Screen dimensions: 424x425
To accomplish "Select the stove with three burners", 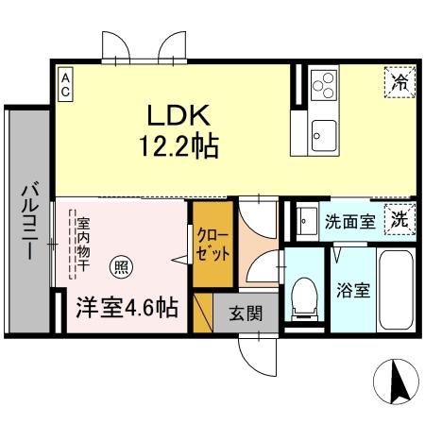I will point(323,84).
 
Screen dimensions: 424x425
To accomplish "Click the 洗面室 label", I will point(350,223).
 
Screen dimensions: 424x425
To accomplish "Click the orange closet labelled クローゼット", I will point(208,245).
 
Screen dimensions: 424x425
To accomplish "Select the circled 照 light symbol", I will point(122,267).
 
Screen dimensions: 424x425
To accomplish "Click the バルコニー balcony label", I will point(25,217).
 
